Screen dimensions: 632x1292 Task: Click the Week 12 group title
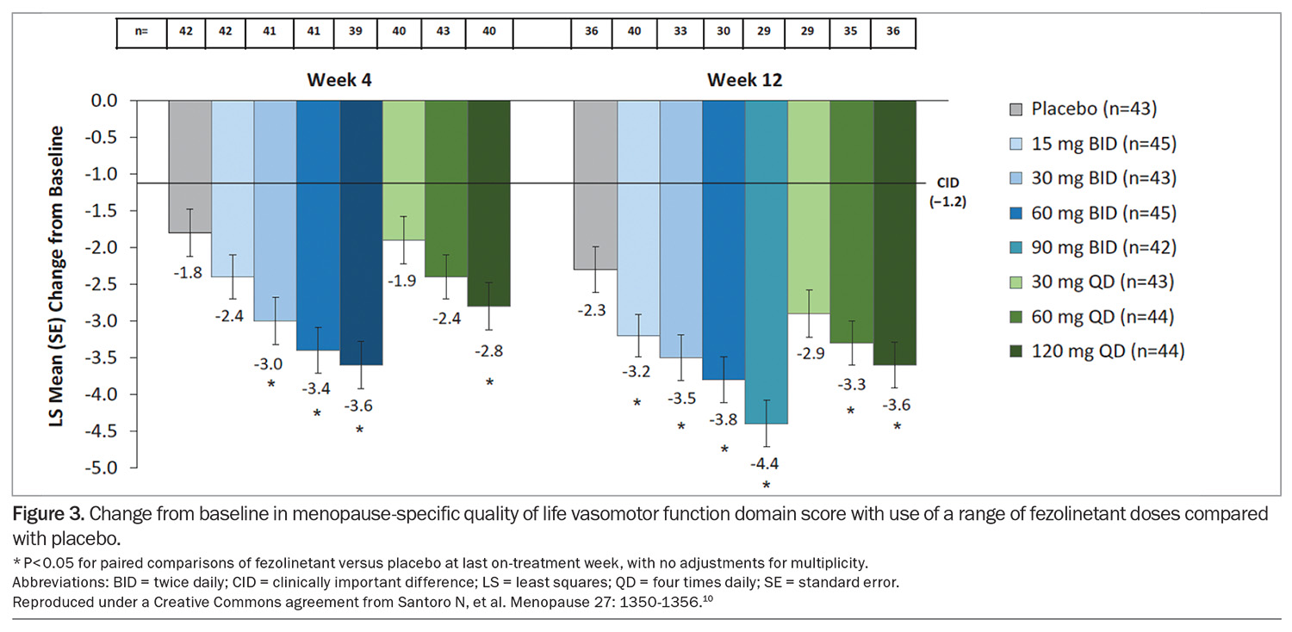[744, 80]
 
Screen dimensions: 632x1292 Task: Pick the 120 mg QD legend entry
[1097, 350]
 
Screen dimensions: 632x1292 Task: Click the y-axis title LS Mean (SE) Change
[57, 284]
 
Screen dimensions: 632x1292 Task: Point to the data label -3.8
[724, 419]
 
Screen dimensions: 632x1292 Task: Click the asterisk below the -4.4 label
[766, 486]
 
